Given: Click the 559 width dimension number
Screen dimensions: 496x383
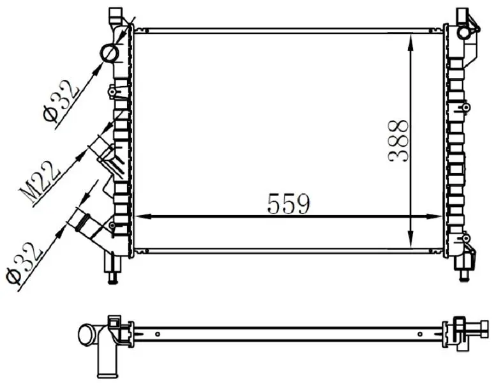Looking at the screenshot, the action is click(x=288, y=204).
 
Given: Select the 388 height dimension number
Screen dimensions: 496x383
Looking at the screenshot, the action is click(x=398, y=141).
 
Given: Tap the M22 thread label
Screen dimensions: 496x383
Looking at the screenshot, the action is click(x=40, y=183).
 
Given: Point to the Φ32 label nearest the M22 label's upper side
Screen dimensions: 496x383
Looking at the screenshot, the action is click(x=61, y=101).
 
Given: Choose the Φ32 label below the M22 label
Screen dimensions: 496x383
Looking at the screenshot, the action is click(x=24, y=264).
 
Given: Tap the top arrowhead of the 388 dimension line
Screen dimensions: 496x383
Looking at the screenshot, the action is click(x=410, y=43).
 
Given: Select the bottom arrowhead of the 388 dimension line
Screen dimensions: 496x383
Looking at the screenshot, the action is click(x=410, y=239).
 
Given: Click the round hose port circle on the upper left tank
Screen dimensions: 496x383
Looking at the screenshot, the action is click(x=110, y=54).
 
